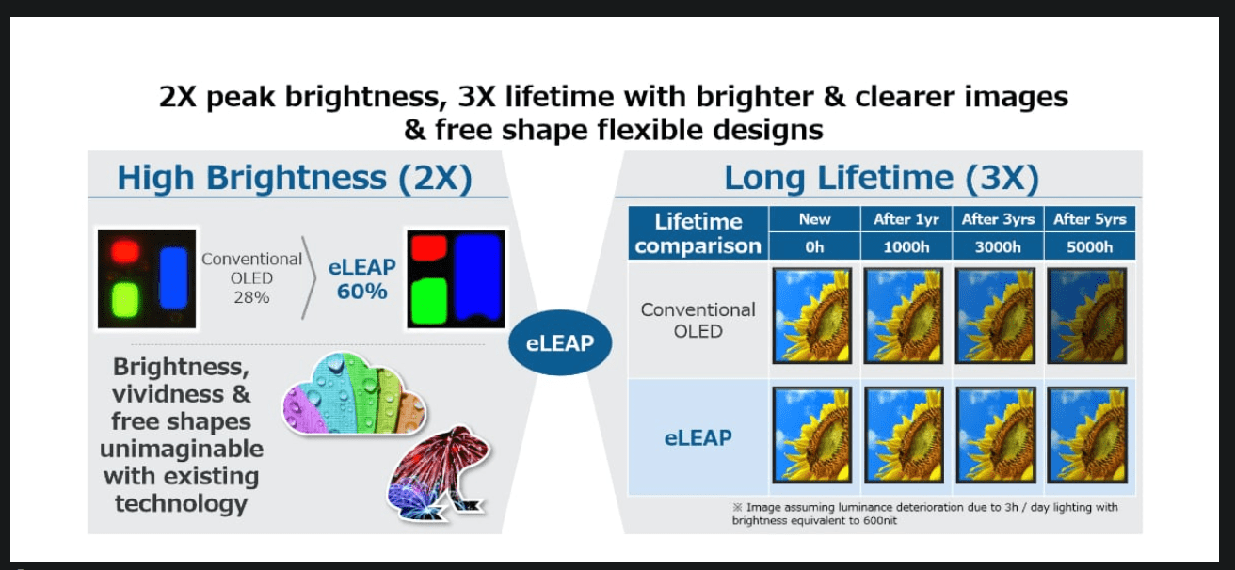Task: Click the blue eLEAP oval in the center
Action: coord(559,342)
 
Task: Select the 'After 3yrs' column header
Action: coord(998,219)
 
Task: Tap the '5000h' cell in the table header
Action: coord(1089,246)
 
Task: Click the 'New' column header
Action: coord(814,219)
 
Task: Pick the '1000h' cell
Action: coord(906,246)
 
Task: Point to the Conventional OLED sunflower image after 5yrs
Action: coord(1086,315)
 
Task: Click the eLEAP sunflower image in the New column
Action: coord(812,435)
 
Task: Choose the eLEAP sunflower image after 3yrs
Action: coord(996,435)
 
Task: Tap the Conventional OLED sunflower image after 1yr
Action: coord(904,315)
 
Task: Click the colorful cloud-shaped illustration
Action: coord(354,394)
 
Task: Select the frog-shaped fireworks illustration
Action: coord(439,473)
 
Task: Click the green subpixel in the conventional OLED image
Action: coord(125,300)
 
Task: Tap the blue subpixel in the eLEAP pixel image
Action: coord(477,278)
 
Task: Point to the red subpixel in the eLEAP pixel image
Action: coord(429,247)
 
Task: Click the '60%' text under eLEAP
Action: coord(361,292)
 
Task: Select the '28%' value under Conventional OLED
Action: coord(251,297)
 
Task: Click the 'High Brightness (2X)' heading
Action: coord(295,178)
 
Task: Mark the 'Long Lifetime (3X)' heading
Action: coord(881,178)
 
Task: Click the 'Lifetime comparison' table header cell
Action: coord(698,233)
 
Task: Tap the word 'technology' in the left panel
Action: coord(182,503)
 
